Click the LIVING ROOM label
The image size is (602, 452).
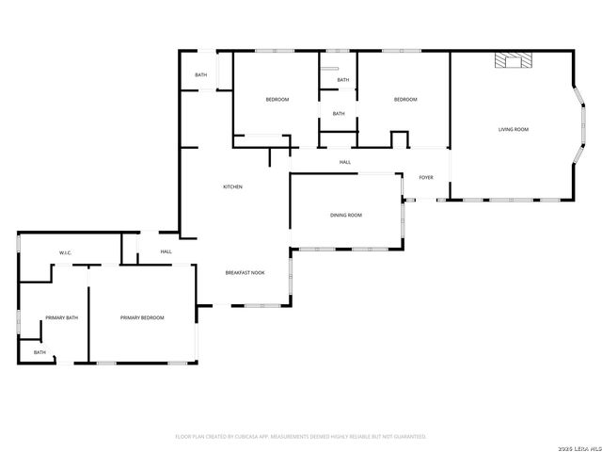(x=513, y=129)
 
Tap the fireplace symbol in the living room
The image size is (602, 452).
(x=514, y=61)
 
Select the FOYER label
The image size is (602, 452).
(x=426, y=177)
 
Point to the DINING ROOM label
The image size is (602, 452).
(x=345, y=216)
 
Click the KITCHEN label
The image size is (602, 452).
(x=232, y=186)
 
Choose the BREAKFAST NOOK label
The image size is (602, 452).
(x=245, y=272)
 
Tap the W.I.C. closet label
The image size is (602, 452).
(x=66, y=252)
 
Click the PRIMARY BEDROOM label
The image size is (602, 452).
(x=142, y=318)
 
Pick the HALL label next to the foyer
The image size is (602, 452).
(x=345, y=163)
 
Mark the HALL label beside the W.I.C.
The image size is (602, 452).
(x=166, y=251)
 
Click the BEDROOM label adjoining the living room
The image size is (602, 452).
(x=405, y=100)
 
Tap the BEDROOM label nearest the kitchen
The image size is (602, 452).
(x=277, y=100)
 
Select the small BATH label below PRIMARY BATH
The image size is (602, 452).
(x=40, y=352)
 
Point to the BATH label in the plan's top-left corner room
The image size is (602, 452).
(x=201, y=75)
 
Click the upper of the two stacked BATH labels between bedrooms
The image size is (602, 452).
(x=342, y=80)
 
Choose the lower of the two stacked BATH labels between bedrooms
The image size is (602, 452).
(x=339, y=114)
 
